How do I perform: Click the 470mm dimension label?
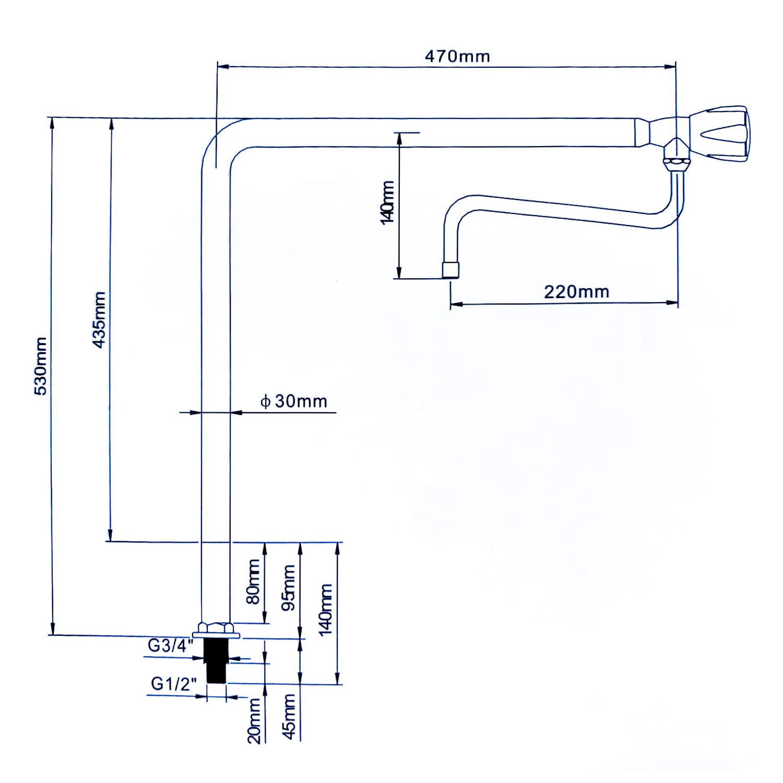click(x=457, y=56)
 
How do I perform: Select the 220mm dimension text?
click(x=576, y=291)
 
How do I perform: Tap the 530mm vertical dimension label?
click(x=41, y=366)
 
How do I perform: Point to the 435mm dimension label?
click(x=99, y=319)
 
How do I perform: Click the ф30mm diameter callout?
click(x=293, y=401)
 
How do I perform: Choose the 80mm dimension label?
click(x=253, y=581)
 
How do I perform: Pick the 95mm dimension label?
click(x=289, y=587)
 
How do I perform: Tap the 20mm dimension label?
click(x=254, y=721)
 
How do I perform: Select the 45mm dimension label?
click(x=289, y=716)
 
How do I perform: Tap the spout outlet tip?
click(x=450, y=270)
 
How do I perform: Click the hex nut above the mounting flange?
click(x=215, y=627)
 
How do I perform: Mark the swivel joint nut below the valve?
click(x=677, y=164)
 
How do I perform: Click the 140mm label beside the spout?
click(x=387, y=203)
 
